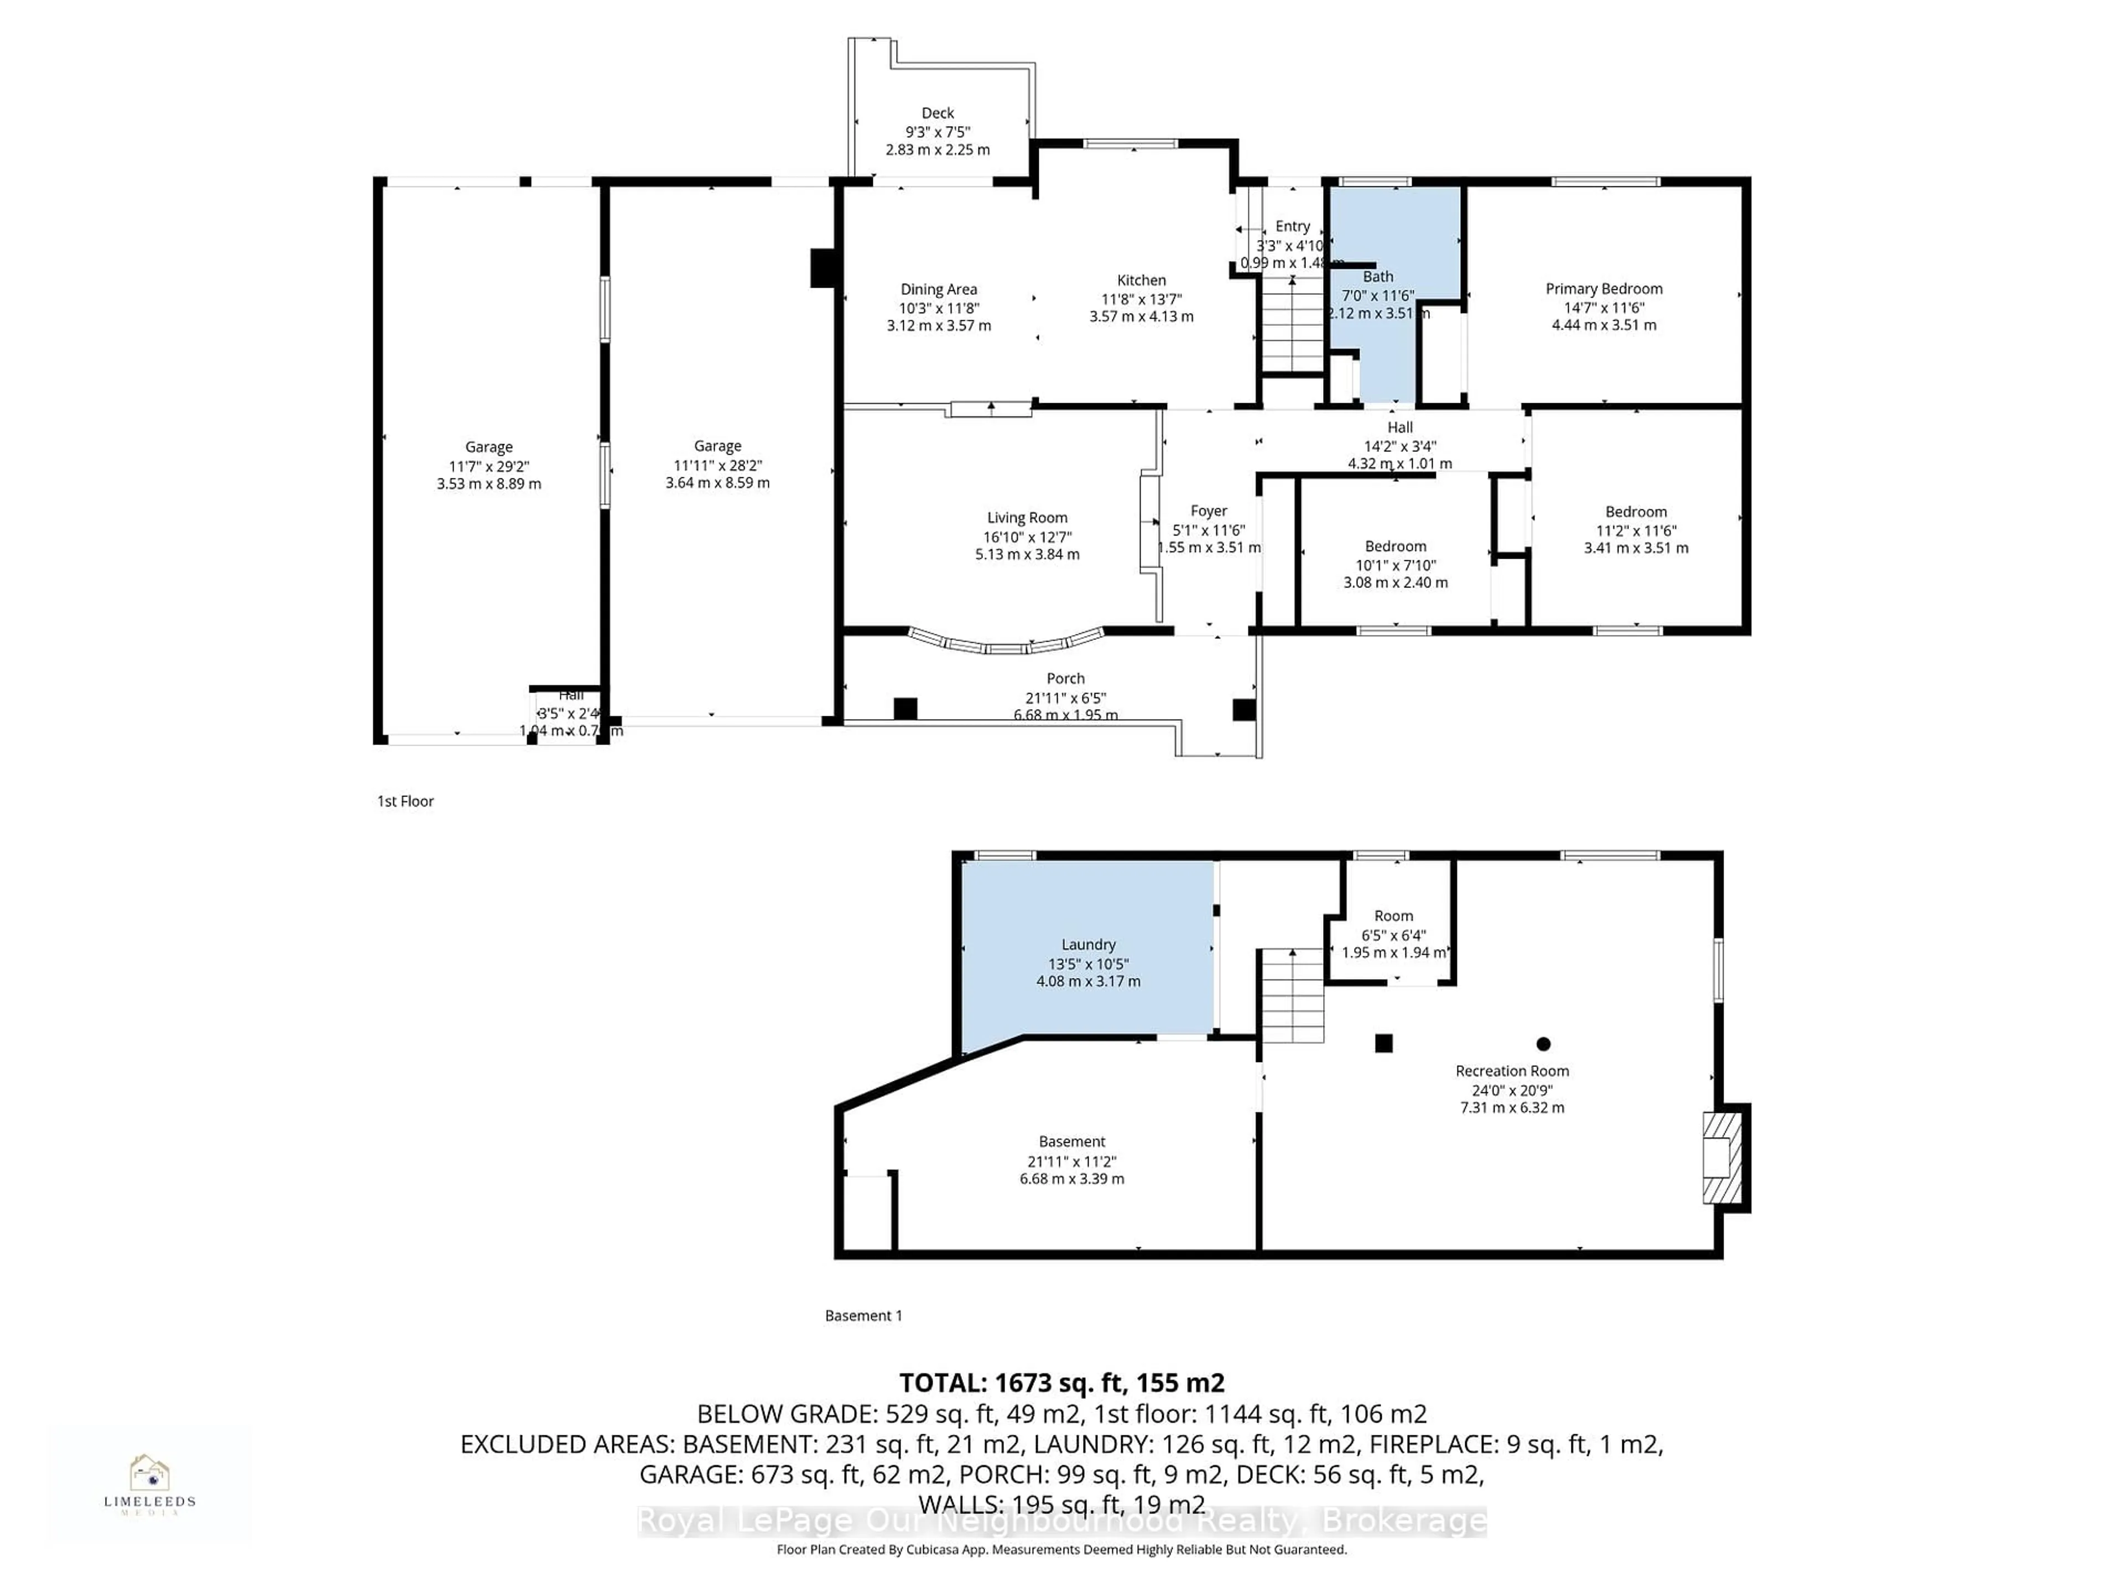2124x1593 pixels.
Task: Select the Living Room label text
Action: coord(1027,518)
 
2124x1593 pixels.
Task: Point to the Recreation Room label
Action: coord(1511,1071)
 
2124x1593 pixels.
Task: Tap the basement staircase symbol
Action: coord(1293,996)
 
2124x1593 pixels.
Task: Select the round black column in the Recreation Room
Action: coord(1543,1044)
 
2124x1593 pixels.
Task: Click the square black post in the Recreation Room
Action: coord(1384,1043)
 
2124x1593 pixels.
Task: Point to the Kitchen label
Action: coord(1141,280)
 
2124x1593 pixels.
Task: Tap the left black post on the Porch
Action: coord(904,709)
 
